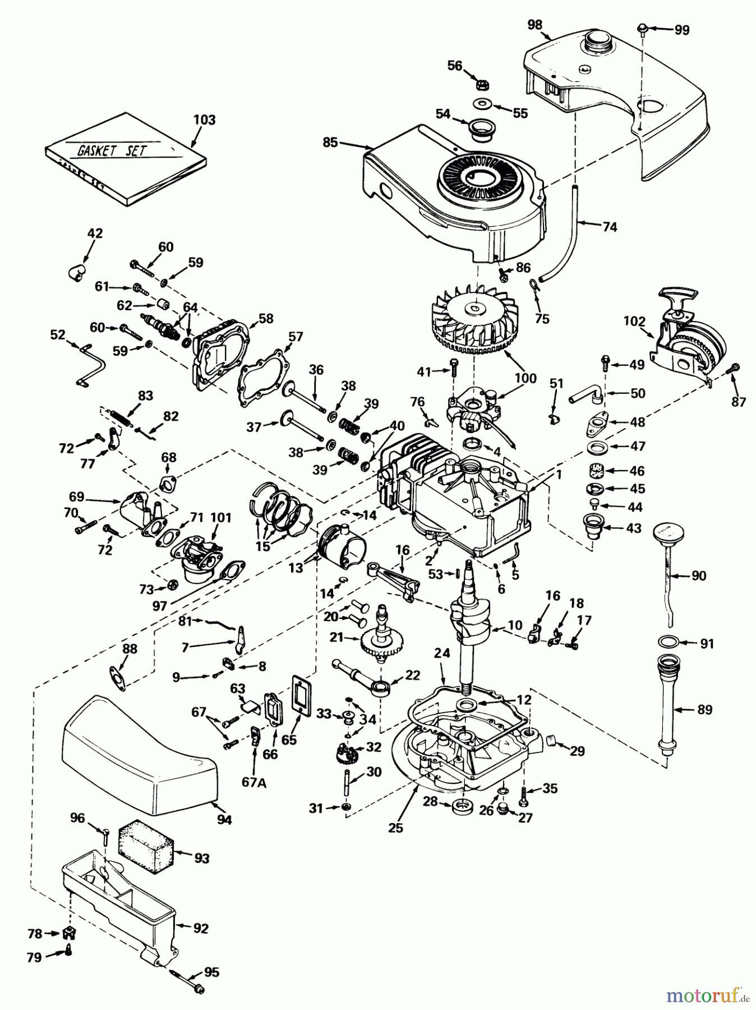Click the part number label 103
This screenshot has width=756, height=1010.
204,120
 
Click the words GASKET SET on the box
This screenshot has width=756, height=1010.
104,150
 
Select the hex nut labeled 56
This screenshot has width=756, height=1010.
481,85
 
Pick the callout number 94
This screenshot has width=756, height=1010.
224,820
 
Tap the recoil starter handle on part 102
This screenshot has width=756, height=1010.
679,293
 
